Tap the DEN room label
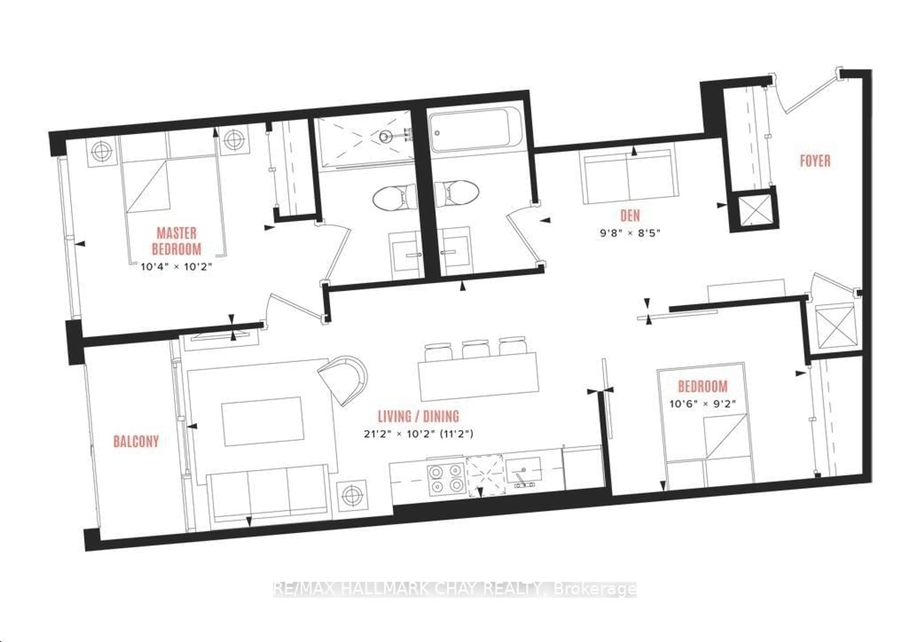click(630, 216)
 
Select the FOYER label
click(815, 161)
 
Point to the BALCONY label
click(136, 441)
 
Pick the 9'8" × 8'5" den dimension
click(630, 233)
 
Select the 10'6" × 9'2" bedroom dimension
click(702, 404)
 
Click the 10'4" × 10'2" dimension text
click(176, 266)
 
